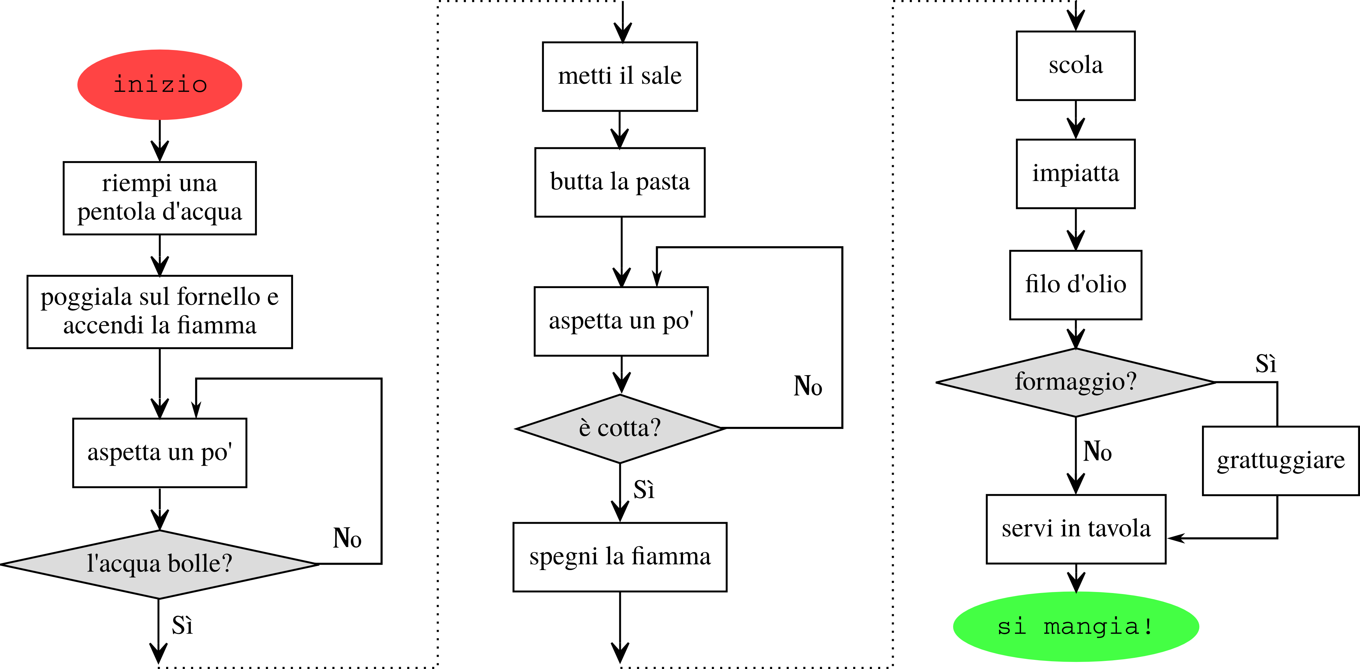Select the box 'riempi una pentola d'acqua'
pos(159,198)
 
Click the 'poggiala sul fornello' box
pos(159,311)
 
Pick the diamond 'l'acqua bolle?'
pos(159,564)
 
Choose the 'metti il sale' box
pos(620,77)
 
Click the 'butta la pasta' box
pos(620,182)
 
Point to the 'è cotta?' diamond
pos(620,428)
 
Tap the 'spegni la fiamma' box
pos(620,557)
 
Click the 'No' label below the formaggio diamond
pos(1097,452)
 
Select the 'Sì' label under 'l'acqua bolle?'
pos(182,626)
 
